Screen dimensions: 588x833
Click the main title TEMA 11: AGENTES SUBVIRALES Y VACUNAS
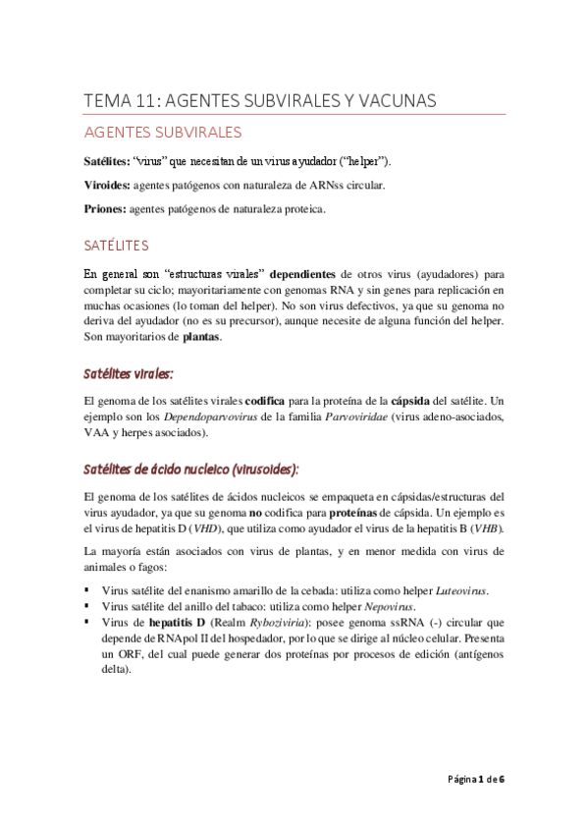(x=260, y=101)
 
